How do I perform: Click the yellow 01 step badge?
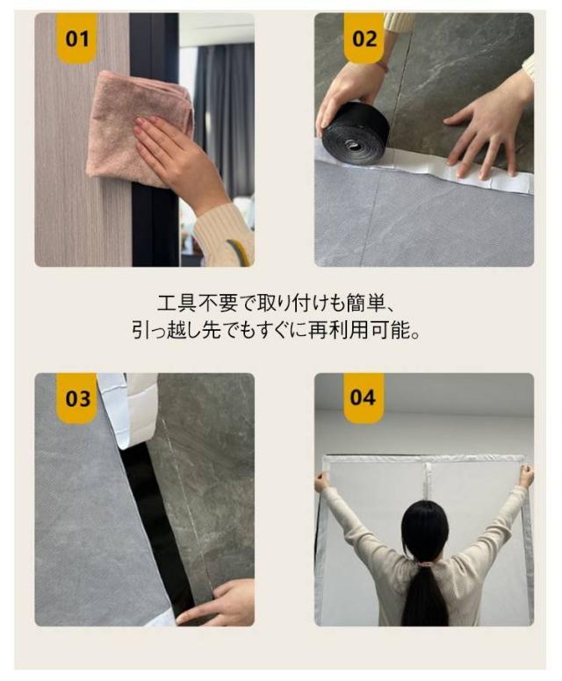click(77, 39)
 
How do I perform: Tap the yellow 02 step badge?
click(364, 39)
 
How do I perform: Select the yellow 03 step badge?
click(77, 398)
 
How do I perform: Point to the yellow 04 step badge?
click(364, 398)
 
